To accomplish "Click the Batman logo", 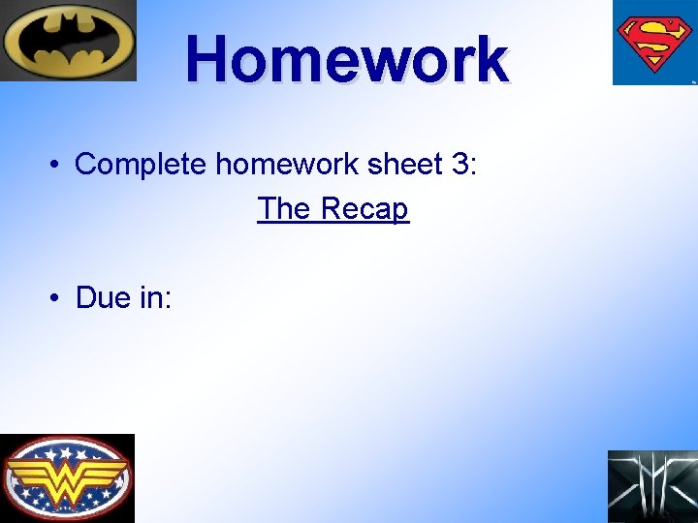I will (68, 41).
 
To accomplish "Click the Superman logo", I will (653, 42).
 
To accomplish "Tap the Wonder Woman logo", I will (67, 477).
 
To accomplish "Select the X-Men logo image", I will (652, 486).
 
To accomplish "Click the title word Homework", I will (346, 58).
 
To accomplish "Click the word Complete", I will (141, 164).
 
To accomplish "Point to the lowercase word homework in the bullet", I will (287, 164).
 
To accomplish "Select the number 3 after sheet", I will (461, 164).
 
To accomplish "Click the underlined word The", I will (284, 208).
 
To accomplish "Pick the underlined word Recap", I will (365, 209).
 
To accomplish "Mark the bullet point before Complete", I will (57, 165).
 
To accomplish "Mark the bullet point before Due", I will (57, 298).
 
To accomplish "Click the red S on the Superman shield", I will (653, 41).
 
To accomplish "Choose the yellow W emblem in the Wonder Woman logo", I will (67, 477).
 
